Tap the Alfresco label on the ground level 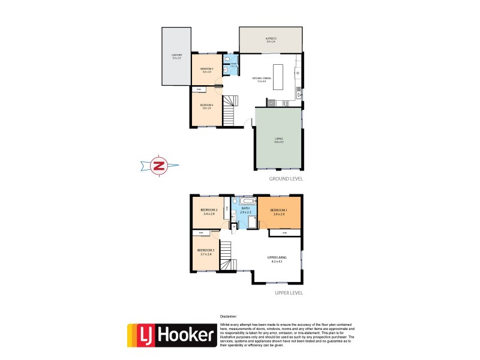coord(271,40)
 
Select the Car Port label coord(176,56)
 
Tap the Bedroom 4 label coord(206,106)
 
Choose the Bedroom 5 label coord(207,70)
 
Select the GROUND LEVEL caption coord(286,178)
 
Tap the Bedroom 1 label coord(279,211)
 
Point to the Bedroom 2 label coord(208,211)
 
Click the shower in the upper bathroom coord(253,223)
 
